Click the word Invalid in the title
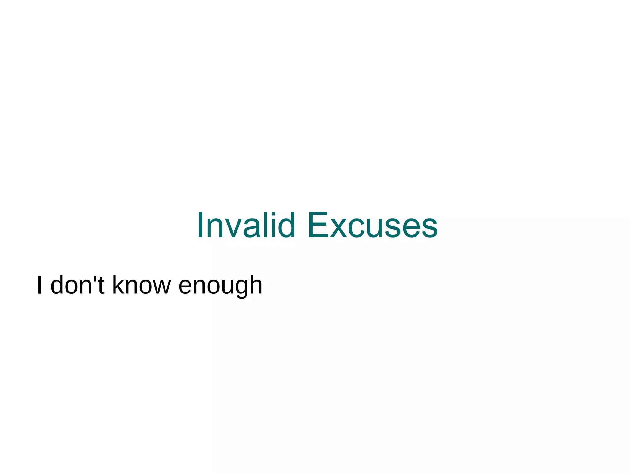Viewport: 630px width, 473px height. coord(246,225)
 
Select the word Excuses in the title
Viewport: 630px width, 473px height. coord(373,225)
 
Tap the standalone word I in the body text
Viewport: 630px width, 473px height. coord(39,285)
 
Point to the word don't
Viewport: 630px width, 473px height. coord(78,285)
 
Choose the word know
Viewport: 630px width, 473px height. coord(141,285)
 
